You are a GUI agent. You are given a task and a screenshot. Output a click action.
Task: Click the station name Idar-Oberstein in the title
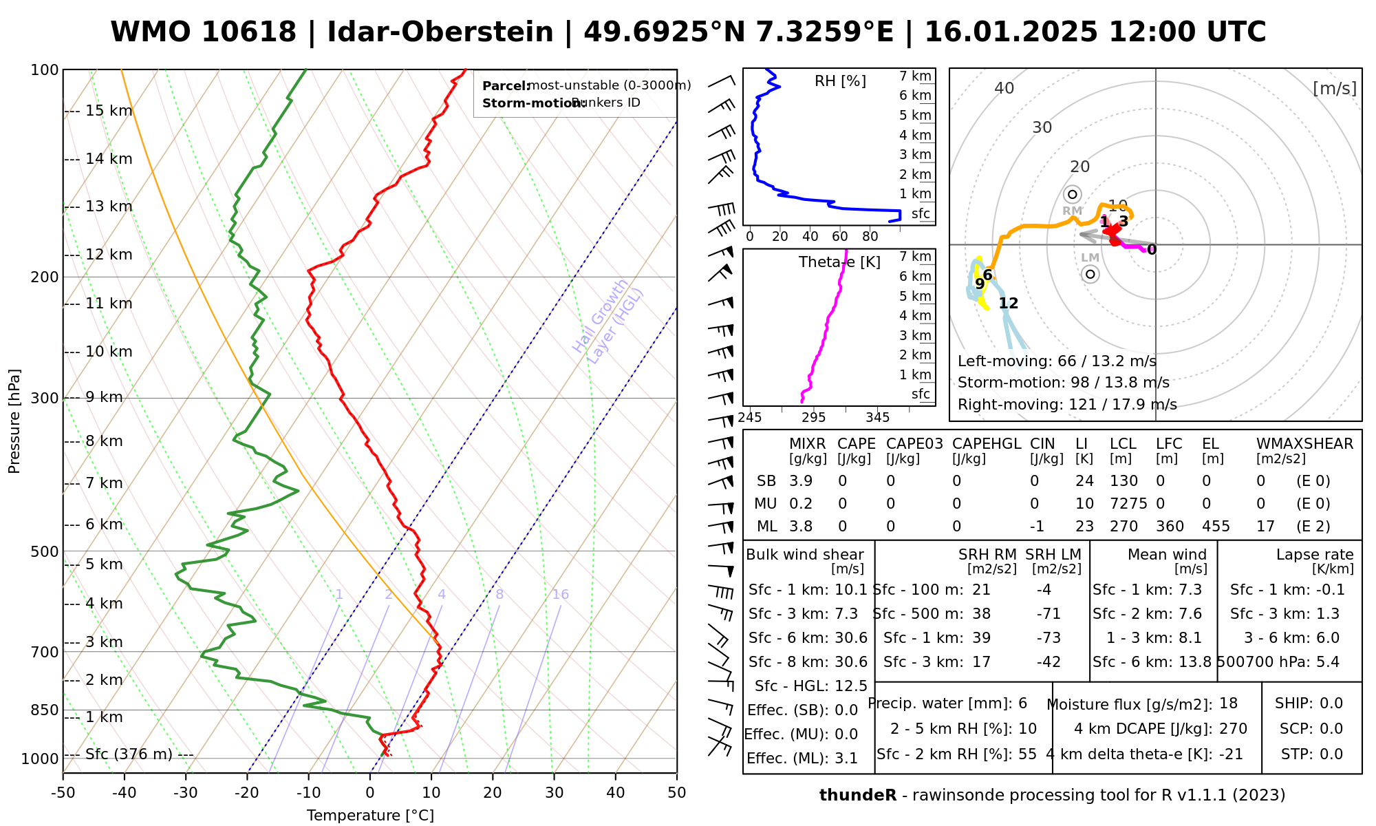coord(440,32)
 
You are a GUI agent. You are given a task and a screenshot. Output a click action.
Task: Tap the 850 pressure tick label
coord(45,710)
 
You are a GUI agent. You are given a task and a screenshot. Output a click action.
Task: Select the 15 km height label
coord(109,111)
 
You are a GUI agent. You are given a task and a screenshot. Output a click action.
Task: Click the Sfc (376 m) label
coord(129,754)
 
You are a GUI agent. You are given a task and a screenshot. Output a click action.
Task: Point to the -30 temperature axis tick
coord(186,793)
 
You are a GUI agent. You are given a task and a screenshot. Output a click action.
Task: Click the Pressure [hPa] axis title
coord(14,421)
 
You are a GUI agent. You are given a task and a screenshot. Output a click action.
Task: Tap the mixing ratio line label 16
coord(560,595)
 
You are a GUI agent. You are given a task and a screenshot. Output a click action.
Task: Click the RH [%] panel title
coord(840,81)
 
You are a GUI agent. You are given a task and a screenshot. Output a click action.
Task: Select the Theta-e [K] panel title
coord(839,262)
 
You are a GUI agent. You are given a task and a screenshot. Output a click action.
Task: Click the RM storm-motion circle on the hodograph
coord(1072,195)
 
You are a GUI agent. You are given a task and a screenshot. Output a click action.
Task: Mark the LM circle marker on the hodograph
coord(1090,275)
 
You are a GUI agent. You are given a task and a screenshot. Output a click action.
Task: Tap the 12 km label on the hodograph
coord(1008,304)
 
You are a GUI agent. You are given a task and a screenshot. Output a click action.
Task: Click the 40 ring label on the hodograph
coord(1004,88)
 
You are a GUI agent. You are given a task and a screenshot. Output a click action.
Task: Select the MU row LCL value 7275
coord(1128,504)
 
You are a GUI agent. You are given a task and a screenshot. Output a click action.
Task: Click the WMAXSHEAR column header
coord(1304,444)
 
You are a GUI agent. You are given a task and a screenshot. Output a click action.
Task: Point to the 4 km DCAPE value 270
coord(1233,729)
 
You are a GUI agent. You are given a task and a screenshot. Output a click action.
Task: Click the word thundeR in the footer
coord(858,796)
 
